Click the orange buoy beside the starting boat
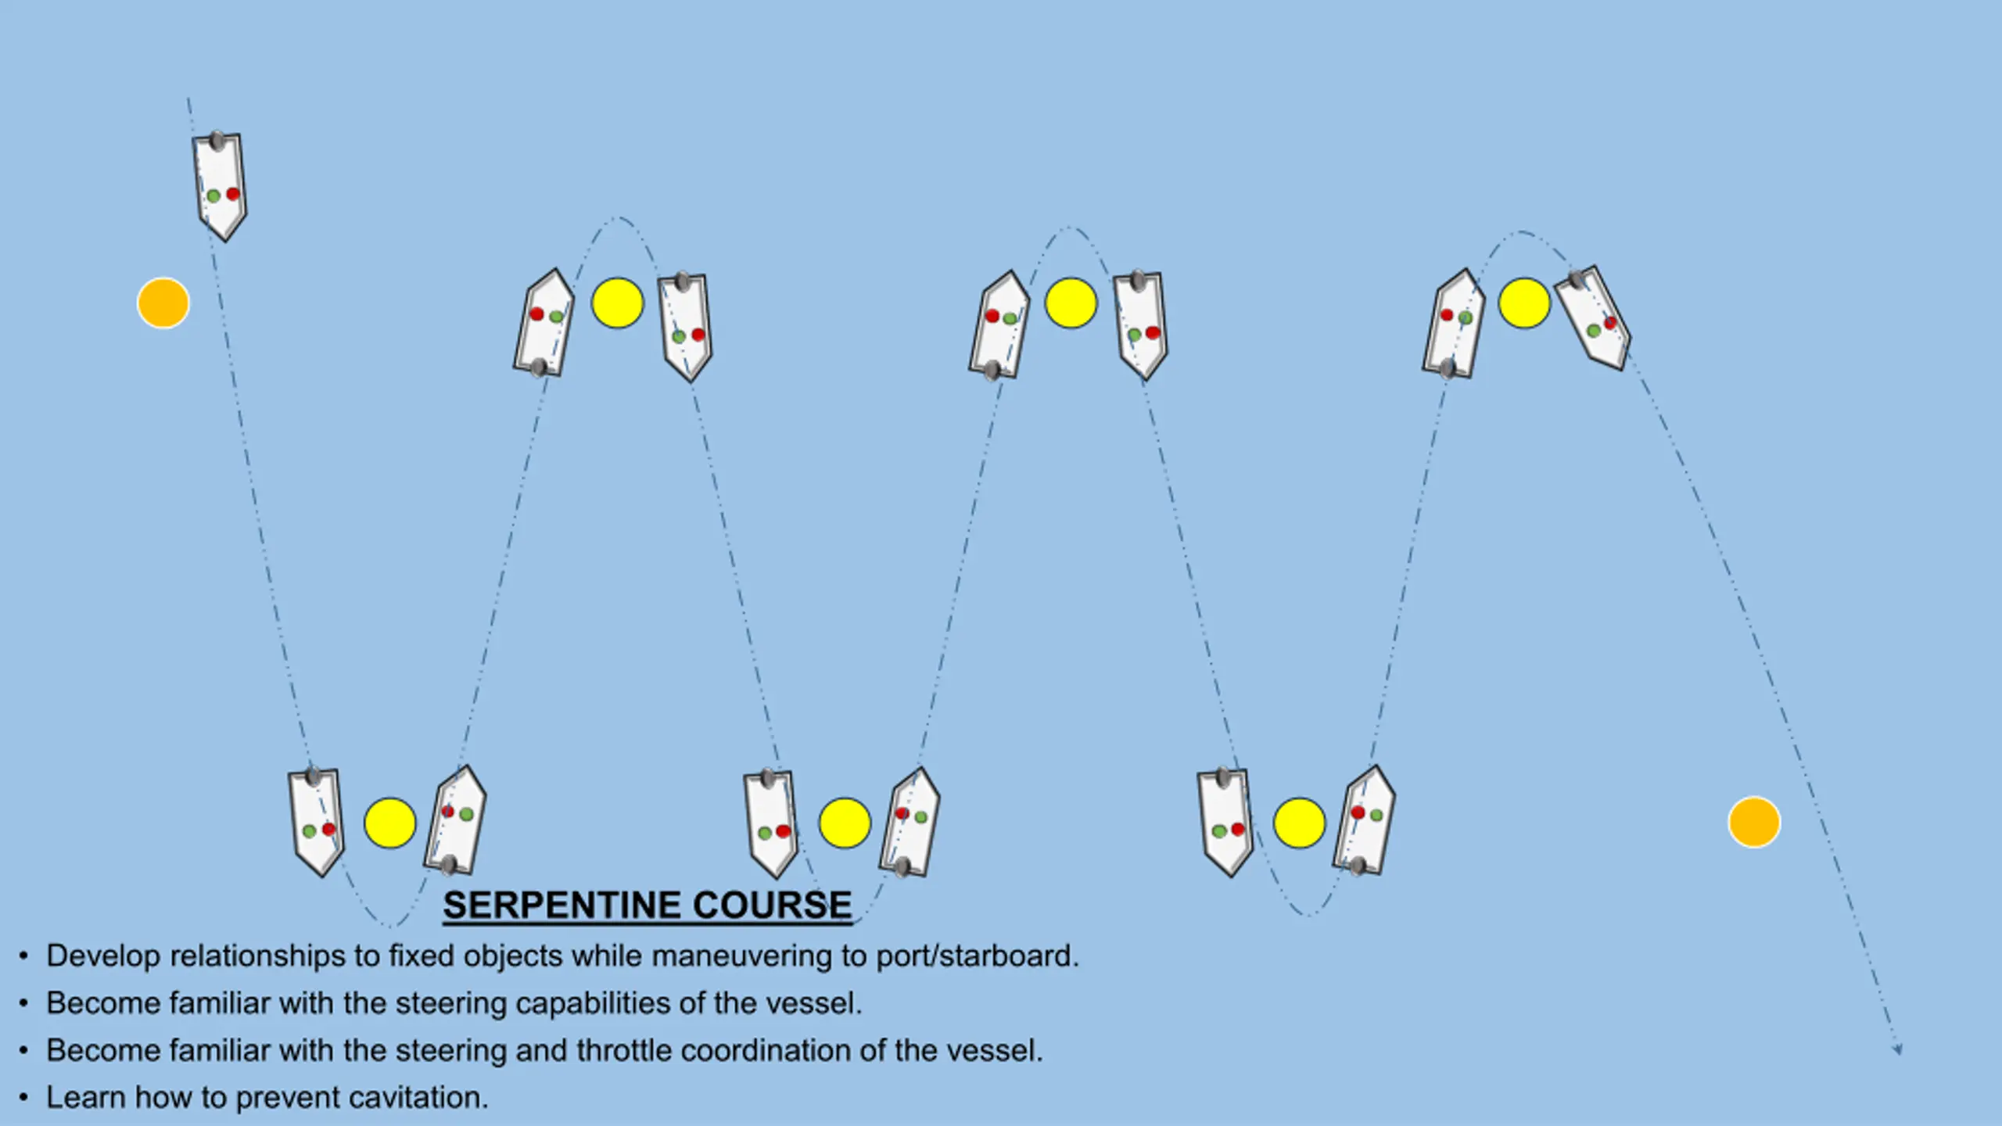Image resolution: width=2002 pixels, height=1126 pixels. [163, 303]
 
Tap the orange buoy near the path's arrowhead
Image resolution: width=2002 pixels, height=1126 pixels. [1754, 822]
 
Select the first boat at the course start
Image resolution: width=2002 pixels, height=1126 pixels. [220, 186]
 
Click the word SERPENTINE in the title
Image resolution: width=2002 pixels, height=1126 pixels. [561, 905]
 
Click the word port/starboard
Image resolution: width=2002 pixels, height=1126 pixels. [978, 956]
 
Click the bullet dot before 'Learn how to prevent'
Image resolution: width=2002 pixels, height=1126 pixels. [24, 1098]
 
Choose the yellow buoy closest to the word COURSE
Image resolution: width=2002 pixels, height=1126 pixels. [845, 823]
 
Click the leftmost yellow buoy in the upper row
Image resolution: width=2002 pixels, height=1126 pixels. [618, 303]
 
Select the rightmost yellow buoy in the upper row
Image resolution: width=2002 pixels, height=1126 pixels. [1524, 303]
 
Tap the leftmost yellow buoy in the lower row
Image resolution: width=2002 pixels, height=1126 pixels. [389, 823]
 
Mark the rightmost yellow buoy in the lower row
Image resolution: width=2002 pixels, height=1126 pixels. [1299, 823]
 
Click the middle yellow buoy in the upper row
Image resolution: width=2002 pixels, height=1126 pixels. [1071, 303]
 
